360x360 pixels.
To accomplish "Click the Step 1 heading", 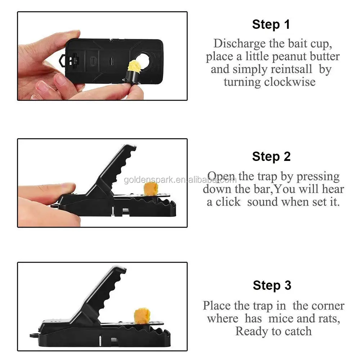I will click(x=271, y=25).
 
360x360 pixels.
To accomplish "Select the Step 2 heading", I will click(x=271, y=157).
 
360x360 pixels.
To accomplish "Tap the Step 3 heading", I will click(x=272, y=285).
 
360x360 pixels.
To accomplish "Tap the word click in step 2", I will click(x=228, y=202).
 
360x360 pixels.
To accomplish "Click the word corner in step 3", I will click(x=326, y=306).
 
